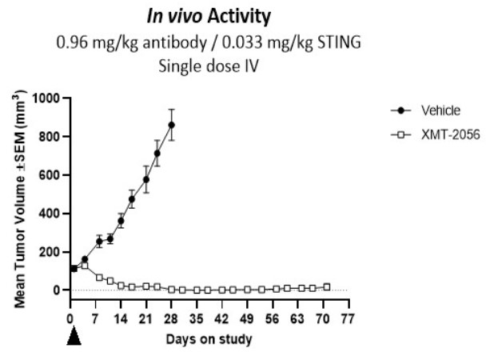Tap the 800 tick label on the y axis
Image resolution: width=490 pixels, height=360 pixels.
pos(54,137)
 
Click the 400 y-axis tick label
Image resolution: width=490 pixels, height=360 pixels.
pos(54,214)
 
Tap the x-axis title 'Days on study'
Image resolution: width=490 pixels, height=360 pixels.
pos(209,339)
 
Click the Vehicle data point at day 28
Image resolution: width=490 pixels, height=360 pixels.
pos(172,125)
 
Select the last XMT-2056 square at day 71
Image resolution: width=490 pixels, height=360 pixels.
pos(326,286)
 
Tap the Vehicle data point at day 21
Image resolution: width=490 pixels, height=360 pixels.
pos(146,179)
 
